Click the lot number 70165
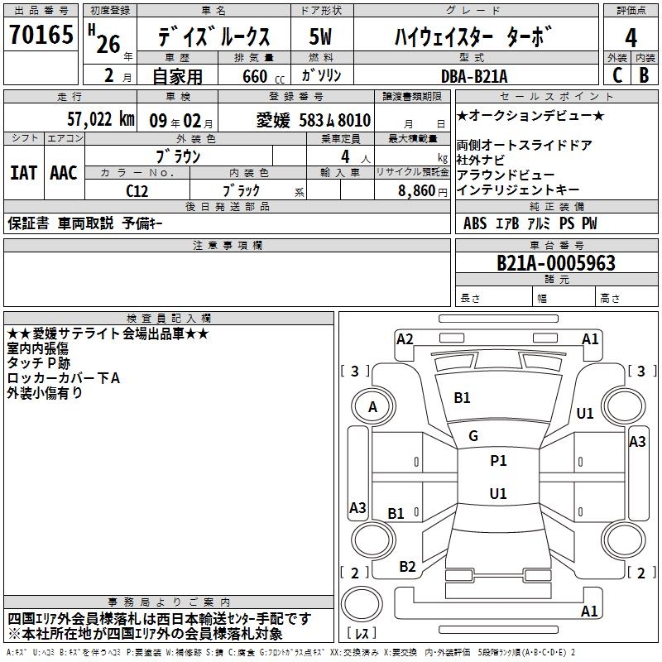(41, 34)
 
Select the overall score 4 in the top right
(631, 38)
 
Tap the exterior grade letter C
(617, 75)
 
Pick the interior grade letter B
(644, 75)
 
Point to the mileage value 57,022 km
(101, 119)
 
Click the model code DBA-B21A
(474, 76)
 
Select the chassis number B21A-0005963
(556, 263)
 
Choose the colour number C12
(137, 191)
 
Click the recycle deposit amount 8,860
(417, 191)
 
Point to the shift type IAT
(24, 173)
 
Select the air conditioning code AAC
(64, 173)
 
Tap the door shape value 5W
(320, 36)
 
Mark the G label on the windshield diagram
(473, 436)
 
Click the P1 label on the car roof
(498, 461)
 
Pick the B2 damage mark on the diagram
(407, 567)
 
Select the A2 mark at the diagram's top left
(405, 339)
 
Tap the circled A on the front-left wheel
(372, 407)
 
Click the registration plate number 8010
(354, 120)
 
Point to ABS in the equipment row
(475, 223)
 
